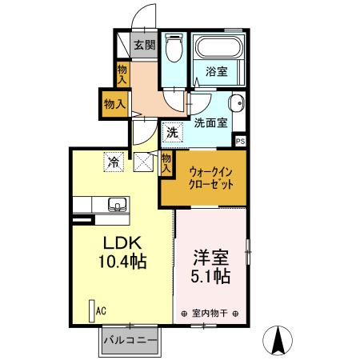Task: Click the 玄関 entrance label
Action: [x=144, y=46]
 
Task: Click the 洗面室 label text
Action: [x=210, y=122]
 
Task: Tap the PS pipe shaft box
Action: [x=240, y=141]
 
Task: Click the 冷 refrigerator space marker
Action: [x=114, y=162]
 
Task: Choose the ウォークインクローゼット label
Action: [x=211, y=177]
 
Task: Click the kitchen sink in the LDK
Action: [x=116, y=204]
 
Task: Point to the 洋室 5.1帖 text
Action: [x=212, y=267]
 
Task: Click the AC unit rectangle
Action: [x=90, y=309]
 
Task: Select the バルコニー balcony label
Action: [x=130, y=342]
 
